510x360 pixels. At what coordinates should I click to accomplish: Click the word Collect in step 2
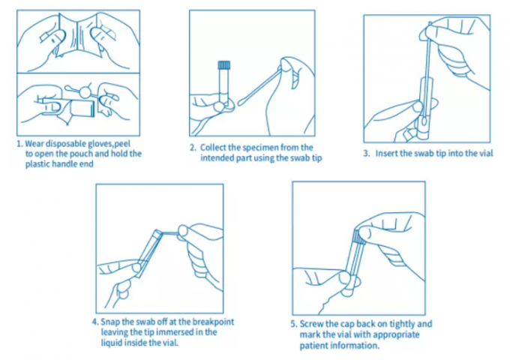214,148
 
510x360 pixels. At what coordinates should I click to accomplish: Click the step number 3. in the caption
367,154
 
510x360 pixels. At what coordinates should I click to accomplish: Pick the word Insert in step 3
387,154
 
